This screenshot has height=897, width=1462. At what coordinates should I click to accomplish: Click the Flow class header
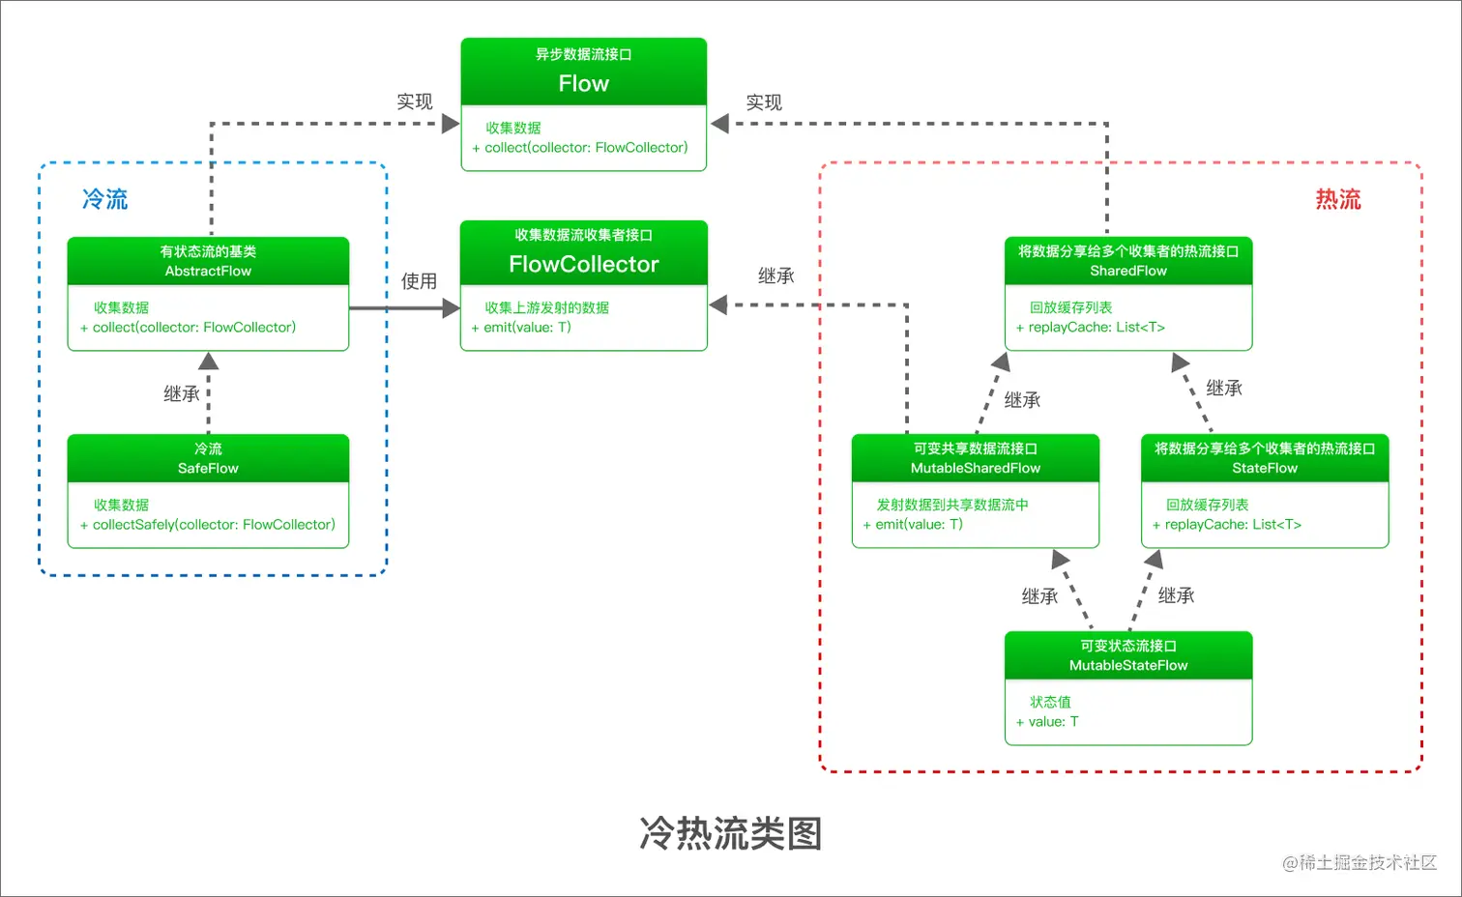pyautogui.click(x=583, y=83)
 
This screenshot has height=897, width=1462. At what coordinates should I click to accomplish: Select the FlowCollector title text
pyautogui.click(x=583, y=264)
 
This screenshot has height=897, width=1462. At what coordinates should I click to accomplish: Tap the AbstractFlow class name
pyautogui.click(x=208, y=271)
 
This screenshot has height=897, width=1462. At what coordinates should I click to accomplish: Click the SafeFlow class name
pyautogui.click(x=208, y=468)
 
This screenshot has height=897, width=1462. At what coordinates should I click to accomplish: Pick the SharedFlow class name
pyautogui.click(x=1127, y=271)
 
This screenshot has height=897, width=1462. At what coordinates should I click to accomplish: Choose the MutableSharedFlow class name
pyautogui.click(x=975, y=468)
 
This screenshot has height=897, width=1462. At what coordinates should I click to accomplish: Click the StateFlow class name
pyautogui.click(x=1264, y=468)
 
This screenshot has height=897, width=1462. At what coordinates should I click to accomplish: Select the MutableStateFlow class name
pyautogui.click(x=1127, y=665)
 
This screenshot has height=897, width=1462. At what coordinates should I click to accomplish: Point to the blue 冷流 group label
pyautogui.click(x=104, y=199)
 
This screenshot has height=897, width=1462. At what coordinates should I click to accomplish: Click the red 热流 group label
pyautogui.click(x=1337, y=199)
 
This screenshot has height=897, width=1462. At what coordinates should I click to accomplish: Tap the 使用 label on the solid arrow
pyautogui.click(x=419, y=281)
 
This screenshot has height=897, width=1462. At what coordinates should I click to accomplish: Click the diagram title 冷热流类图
pyautogui.click(x=730, y=833)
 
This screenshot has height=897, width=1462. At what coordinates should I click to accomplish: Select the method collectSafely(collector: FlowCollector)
pyautogui.click(x=213, y=525)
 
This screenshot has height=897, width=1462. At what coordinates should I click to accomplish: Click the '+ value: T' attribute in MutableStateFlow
pyautogui.click(x=1047, y=722)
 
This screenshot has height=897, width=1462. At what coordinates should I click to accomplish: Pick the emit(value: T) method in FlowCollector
pyautogui.click(x=522, y=328)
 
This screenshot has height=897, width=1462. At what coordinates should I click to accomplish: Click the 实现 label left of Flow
pyautogui.click(x=414, y=101)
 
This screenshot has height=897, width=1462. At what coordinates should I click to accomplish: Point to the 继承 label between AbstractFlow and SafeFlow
pyautogui.click(x=181, y=393)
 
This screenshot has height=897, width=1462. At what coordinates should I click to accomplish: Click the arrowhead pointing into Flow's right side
pyautogui.click(x=719, y=124)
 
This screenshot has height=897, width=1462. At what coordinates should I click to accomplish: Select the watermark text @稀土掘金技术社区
pyautogui.click(x=1359, y=862)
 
